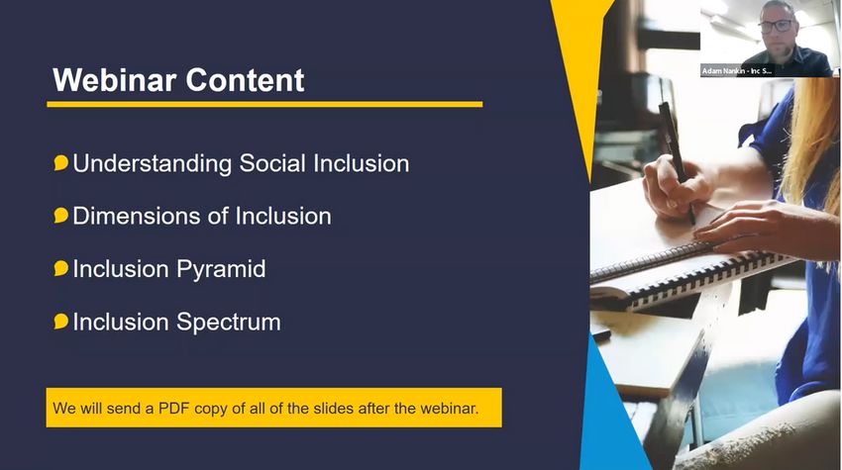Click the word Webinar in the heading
[114, 80]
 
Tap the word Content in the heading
[246, 80]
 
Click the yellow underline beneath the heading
[264, 104]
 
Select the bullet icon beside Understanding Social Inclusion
[61, 163]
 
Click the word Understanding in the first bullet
[152, 164]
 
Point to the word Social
[272, 163]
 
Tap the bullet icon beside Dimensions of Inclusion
[61, 216]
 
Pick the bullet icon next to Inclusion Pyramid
[61, 268]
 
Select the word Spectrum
[229, 323]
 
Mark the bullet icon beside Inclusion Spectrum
[61, 322]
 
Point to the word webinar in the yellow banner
[449, 409]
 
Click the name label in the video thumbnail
[737, 71]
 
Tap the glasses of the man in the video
[776, 26]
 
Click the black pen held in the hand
[677, 161]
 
